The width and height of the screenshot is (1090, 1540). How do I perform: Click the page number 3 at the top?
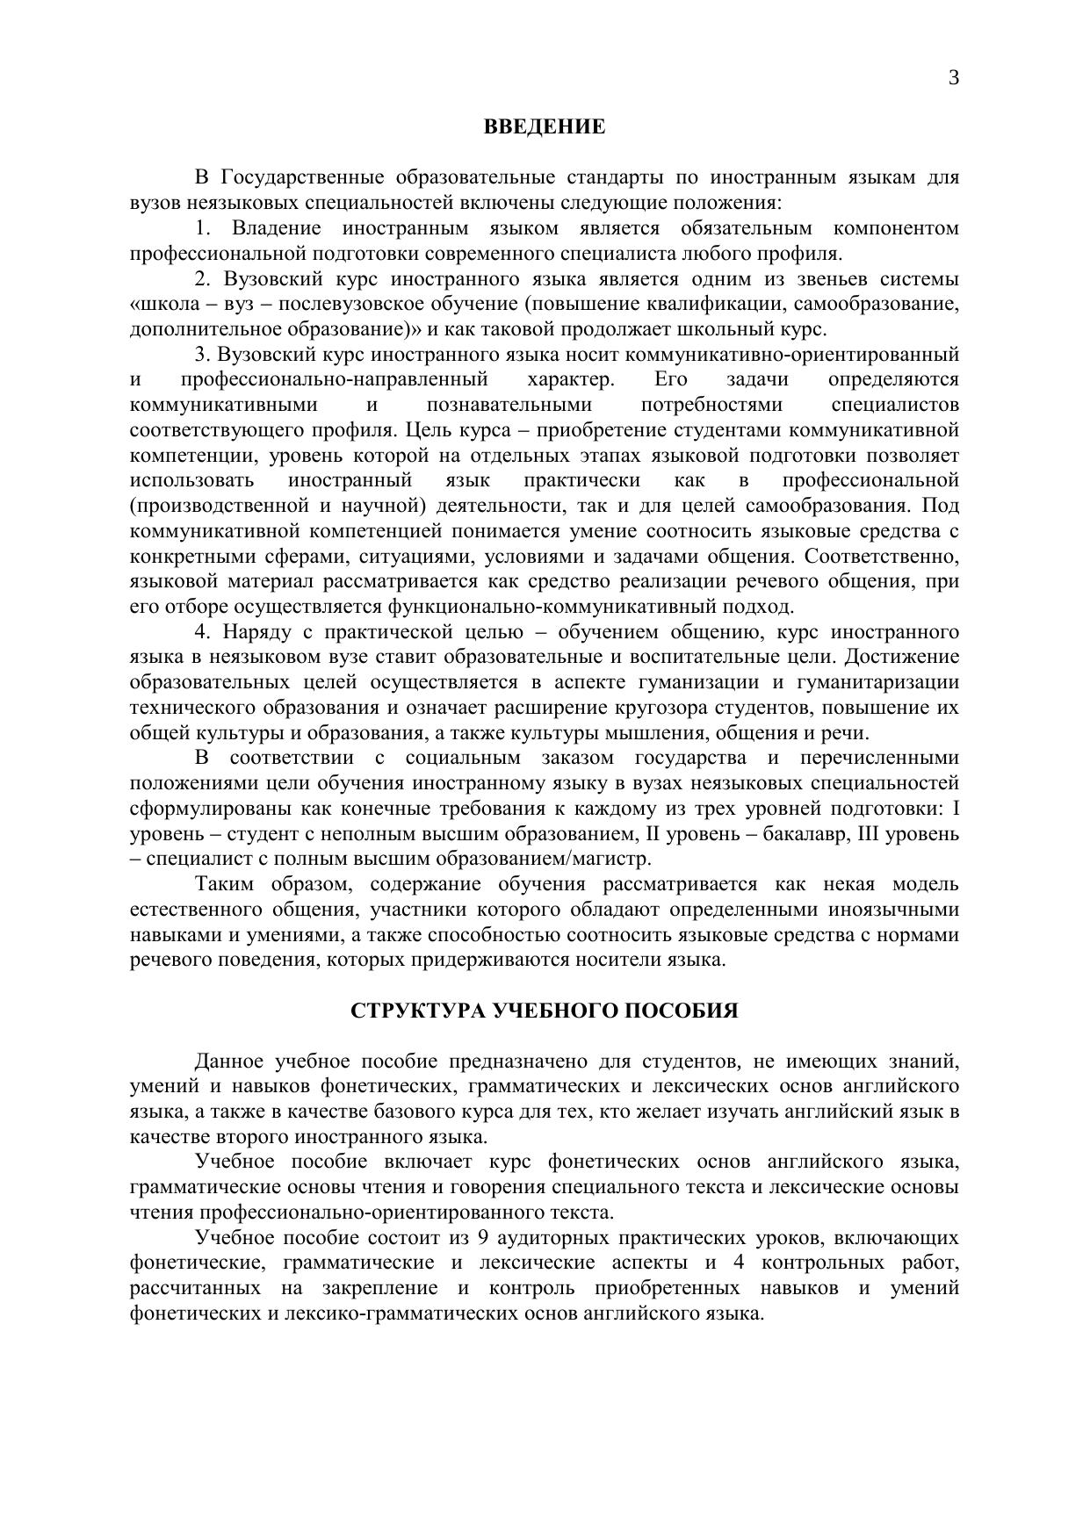click(953, 78)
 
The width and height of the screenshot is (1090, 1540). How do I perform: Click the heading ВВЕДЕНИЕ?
click(545, 126)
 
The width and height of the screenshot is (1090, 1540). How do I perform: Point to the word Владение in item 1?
click(277, 229)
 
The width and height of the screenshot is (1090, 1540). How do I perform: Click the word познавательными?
click(509, 406)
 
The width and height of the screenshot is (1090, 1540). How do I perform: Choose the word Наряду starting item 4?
click(254, 632)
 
